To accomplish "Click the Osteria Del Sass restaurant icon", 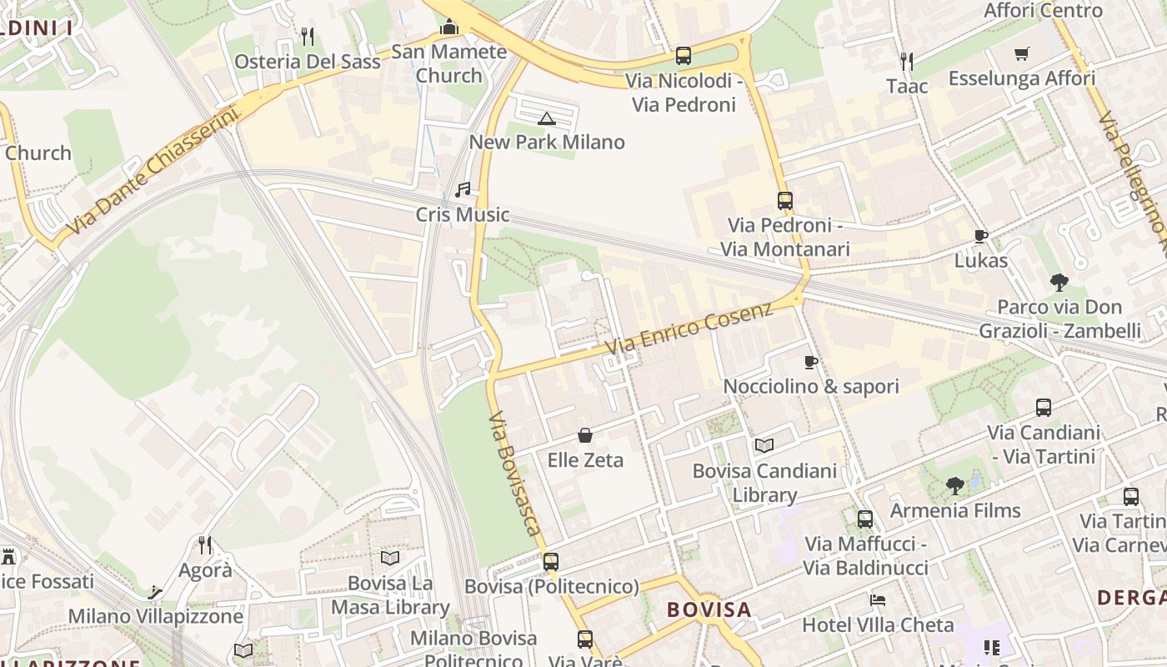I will coord(308,36).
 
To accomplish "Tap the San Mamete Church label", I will coord(449,63).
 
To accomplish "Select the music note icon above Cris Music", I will coord(463,190).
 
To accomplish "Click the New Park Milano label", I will coord(547,142).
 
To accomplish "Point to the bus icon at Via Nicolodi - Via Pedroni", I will coord(684,56).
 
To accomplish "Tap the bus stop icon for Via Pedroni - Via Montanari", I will coord(784,200).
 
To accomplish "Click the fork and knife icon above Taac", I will coord(907,61).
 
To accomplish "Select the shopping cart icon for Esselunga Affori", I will coord(1022,54).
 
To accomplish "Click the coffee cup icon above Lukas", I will coord(981,236).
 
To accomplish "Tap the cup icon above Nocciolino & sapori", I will coord(810,362).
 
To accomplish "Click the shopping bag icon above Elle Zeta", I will coord(585,435).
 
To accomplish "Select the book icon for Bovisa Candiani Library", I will coord(764,446).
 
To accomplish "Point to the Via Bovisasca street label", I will coord(515,473).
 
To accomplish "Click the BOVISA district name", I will coord(709,609).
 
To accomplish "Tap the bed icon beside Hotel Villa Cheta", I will coord(877,599).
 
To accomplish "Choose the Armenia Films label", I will coord(955,510).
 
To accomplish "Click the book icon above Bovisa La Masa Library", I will coord(389,558).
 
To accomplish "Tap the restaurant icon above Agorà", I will coord(205,545).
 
